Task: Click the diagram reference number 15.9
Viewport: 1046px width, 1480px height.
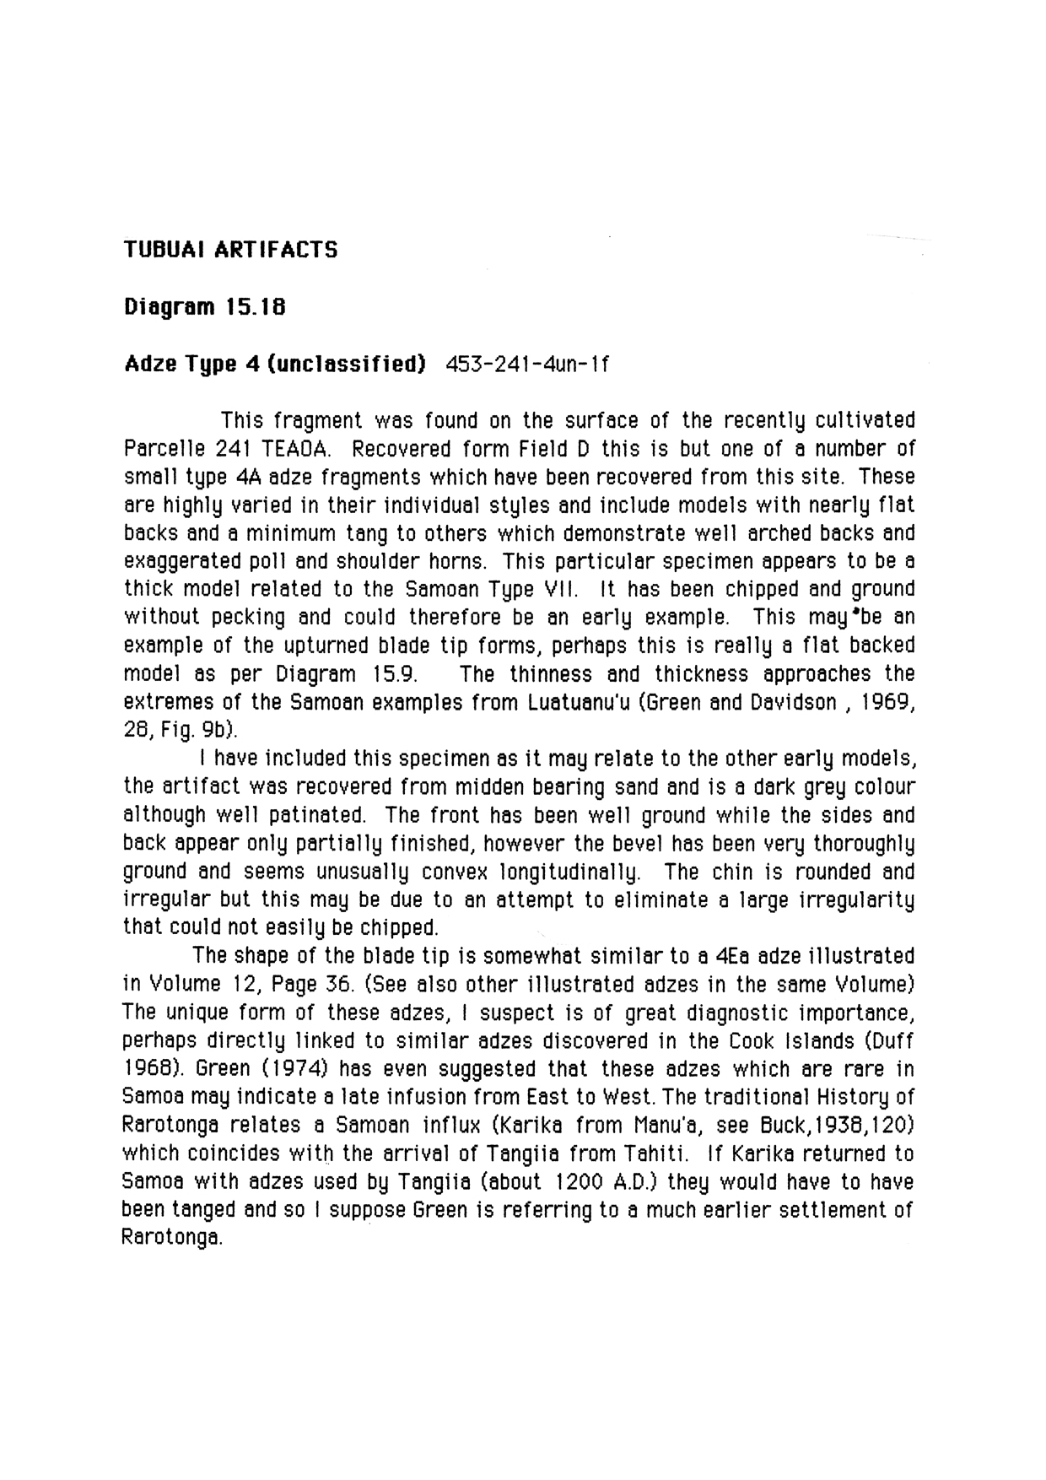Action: coord(396,674)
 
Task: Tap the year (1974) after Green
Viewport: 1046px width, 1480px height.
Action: coord(294,1069)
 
